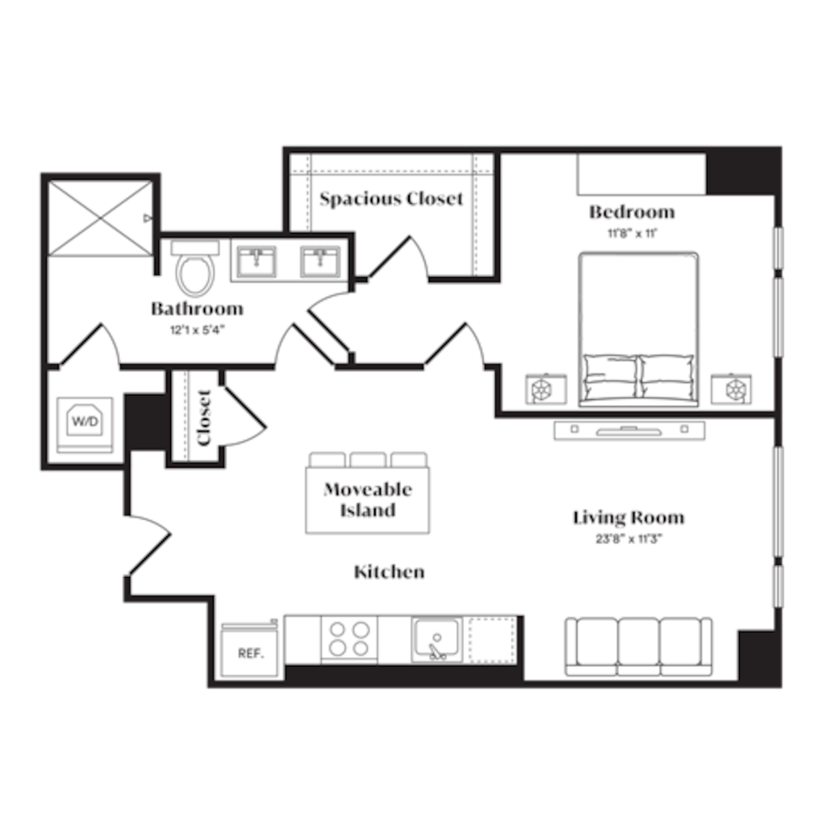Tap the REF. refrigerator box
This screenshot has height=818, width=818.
click(250, 652)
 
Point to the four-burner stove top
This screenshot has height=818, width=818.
click(349, 639)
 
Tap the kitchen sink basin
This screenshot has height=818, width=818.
click(436, 639)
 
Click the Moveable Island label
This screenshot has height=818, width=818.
click(368, 500)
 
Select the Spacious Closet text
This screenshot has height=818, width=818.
click(391, 199)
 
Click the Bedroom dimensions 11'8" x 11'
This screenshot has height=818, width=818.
click(631, 233)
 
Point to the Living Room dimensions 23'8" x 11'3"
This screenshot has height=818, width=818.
click(628, 539)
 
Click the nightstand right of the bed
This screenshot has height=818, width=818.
click(731, 389)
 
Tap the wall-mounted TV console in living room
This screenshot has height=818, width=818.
click(628, 430)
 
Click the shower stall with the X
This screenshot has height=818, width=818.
click(101, 217)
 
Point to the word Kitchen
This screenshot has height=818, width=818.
click(389, 572)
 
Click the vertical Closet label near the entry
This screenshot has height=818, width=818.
click(204, 417)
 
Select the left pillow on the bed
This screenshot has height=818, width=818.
click(611, 369)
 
